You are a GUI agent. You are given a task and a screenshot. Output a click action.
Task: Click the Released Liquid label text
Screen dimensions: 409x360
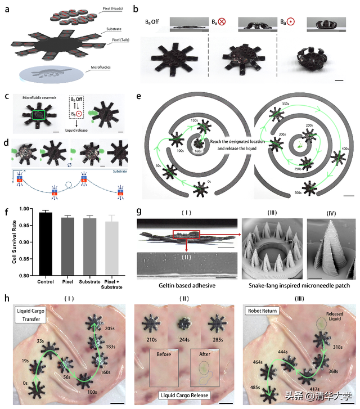(x=332, y=318)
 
